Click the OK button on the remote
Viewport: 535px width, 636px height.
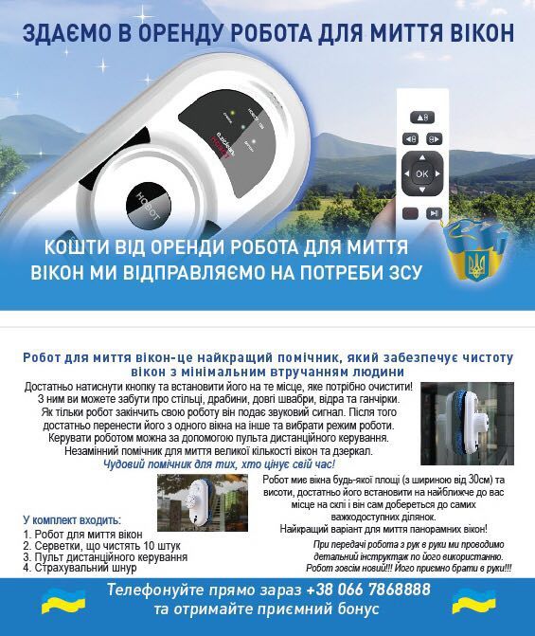[421, 174]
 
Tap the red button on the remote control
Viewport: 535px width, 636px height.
[408, 214]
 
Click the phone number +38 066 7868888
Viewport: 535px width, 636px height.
[366, 591]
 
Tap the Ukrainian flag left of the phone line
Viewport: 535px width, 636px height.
[55, 601]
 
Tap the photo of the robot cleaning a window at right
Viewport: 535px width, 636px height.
[467, 417]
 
